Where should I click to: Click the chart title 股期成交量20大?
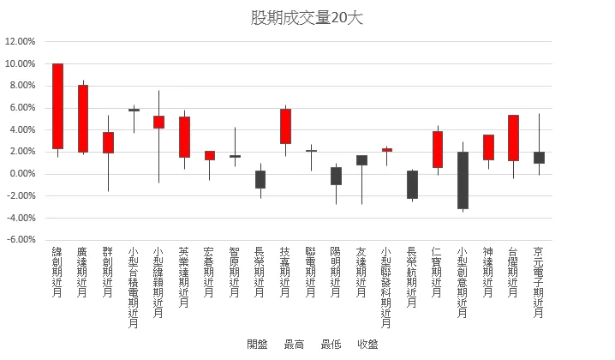coord(307,18)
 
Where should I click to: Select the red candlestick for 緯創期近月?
coord(57,106)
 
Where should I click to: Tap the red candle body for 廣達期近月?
coord(83,118)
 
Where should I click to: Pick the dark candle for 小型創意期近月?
coord(463,180)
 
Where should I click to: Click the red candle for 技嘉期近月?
coord(285,126)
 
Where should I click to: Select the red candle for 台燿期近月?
coord(513,138)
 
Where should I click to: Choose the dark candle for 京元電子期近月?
coord(539,158)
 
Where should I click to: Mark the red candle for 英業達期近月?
coord(184,137)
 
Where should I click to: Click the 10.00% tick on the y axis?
coord(20,63)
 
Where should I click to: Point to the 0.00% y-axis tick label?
coord(21,174)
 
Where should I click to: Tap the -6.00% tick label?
coord(20,240)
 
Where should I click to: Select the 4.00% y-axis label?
coord(21,129)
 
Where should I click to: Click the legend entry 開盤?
coord(257,345)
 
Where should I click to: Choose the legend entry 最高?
coord(294,345)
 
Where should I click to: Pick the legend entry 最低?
coord(331,345)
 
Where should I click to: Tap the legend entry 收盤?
coord(367,345)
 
